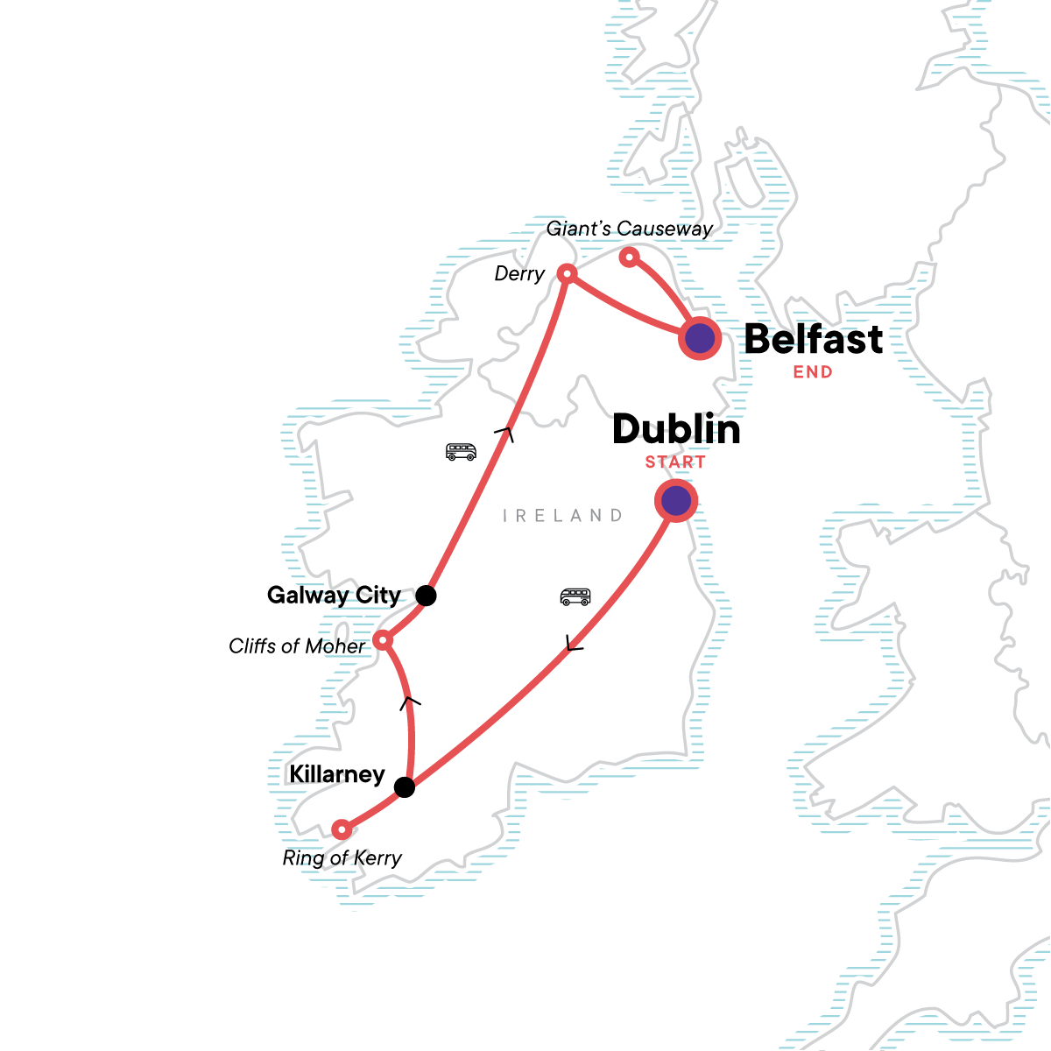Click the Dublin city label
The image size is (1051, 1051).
point(676,430)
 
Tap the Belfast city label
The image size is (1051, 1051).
point(814,340)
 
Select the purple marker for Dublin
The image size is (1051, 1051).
point(676,501)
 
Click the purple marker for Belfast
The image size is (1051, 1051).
point(700,338)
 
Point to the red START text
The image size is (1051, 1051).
point(675,462)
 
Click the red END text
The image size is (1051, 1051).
point(813,372)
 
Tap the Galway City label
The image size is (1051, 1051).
point(334,596)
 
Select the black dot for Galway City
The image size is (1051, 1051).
point(426,596)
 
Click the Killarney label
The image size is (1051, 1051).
point(337,774)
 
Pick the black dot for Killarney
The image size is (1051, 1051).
point(404,787)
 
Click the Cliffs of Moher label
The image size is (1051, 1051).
point(297,646)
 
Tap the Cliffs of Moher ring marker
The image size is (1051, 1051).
point(383,640)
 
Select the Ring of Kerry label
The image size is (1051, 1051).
point(342,858)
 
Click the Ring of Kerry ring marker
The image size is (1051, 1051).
point(342,829)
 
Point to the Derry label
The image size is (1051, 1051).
point(519,274)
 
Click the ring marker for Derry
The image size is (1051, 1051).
point(567,274)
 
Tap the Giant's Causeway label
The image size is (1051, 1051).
point(629,229)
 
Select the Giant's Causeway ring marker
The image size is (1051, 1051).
point(628,257)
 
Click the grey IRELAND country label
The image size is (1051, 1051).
point(562,516)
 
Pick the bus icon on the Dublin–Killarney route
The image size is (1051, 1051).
point(575,597)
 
